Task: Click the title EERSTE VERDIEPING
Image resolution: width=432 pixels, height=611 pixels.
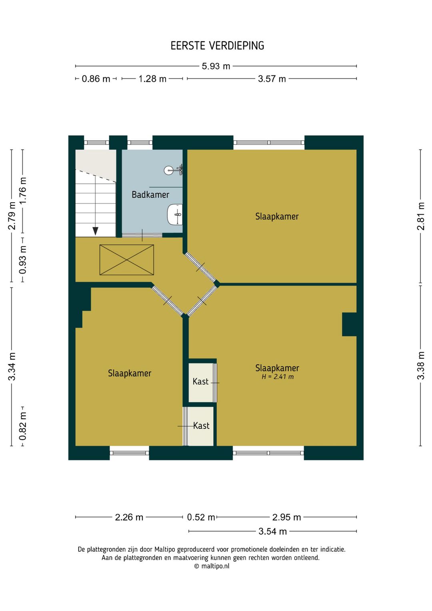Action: pos(217,46)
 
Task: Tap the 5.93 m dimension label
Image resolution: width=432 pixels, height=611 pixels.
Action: pos(216,66)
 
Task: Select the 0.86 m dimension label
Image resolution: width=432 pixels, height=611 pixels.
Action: pos(96,79)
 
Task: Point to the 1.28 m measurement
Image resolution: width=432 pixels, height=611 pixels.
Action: pos(152,79)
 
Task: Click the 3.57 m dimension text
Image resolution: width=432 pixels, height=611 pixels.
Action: pos(272,79)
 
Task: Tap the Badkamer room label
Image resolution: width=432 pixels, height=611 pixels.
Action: pos(150,195)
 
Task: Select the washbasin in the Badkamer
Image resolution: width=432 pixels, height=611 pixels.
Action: pos(175,214)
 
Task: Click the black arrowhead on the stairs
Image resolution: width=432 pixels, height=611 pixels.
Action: pos(95,231)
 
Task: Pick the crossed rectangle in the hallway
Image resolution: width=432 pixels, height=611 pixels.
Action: pos(127,260)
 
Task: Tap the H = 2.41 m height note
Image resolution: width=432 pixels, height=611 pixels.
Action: pos(278,377)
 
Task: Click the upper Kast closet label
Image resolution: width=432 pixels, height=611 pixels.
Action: pos(200,381)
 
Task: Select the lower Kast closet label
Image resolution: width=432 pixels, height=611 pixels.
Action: pos(201,426)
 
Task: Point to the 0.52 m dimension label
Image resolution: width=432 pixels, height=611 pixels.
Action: pos(201,517)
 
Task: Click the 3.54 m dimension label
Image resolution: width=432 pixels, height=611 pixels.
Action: pos(272,531)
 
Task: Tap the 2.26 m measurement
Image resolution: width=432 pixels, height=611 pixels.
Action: pos(129,517)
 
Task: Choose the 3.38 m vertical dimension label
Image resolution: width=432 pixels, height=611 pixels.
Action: pos(421,366)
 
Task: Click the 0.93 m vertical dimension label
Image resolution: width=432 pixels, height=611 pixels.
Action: pos(23,260)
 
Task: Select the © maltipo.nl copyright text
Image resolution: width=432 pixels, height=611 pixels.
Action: pos(212,566)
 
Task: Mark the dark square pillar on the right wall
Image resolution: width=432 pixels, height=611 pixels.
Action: pos(349,324)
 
